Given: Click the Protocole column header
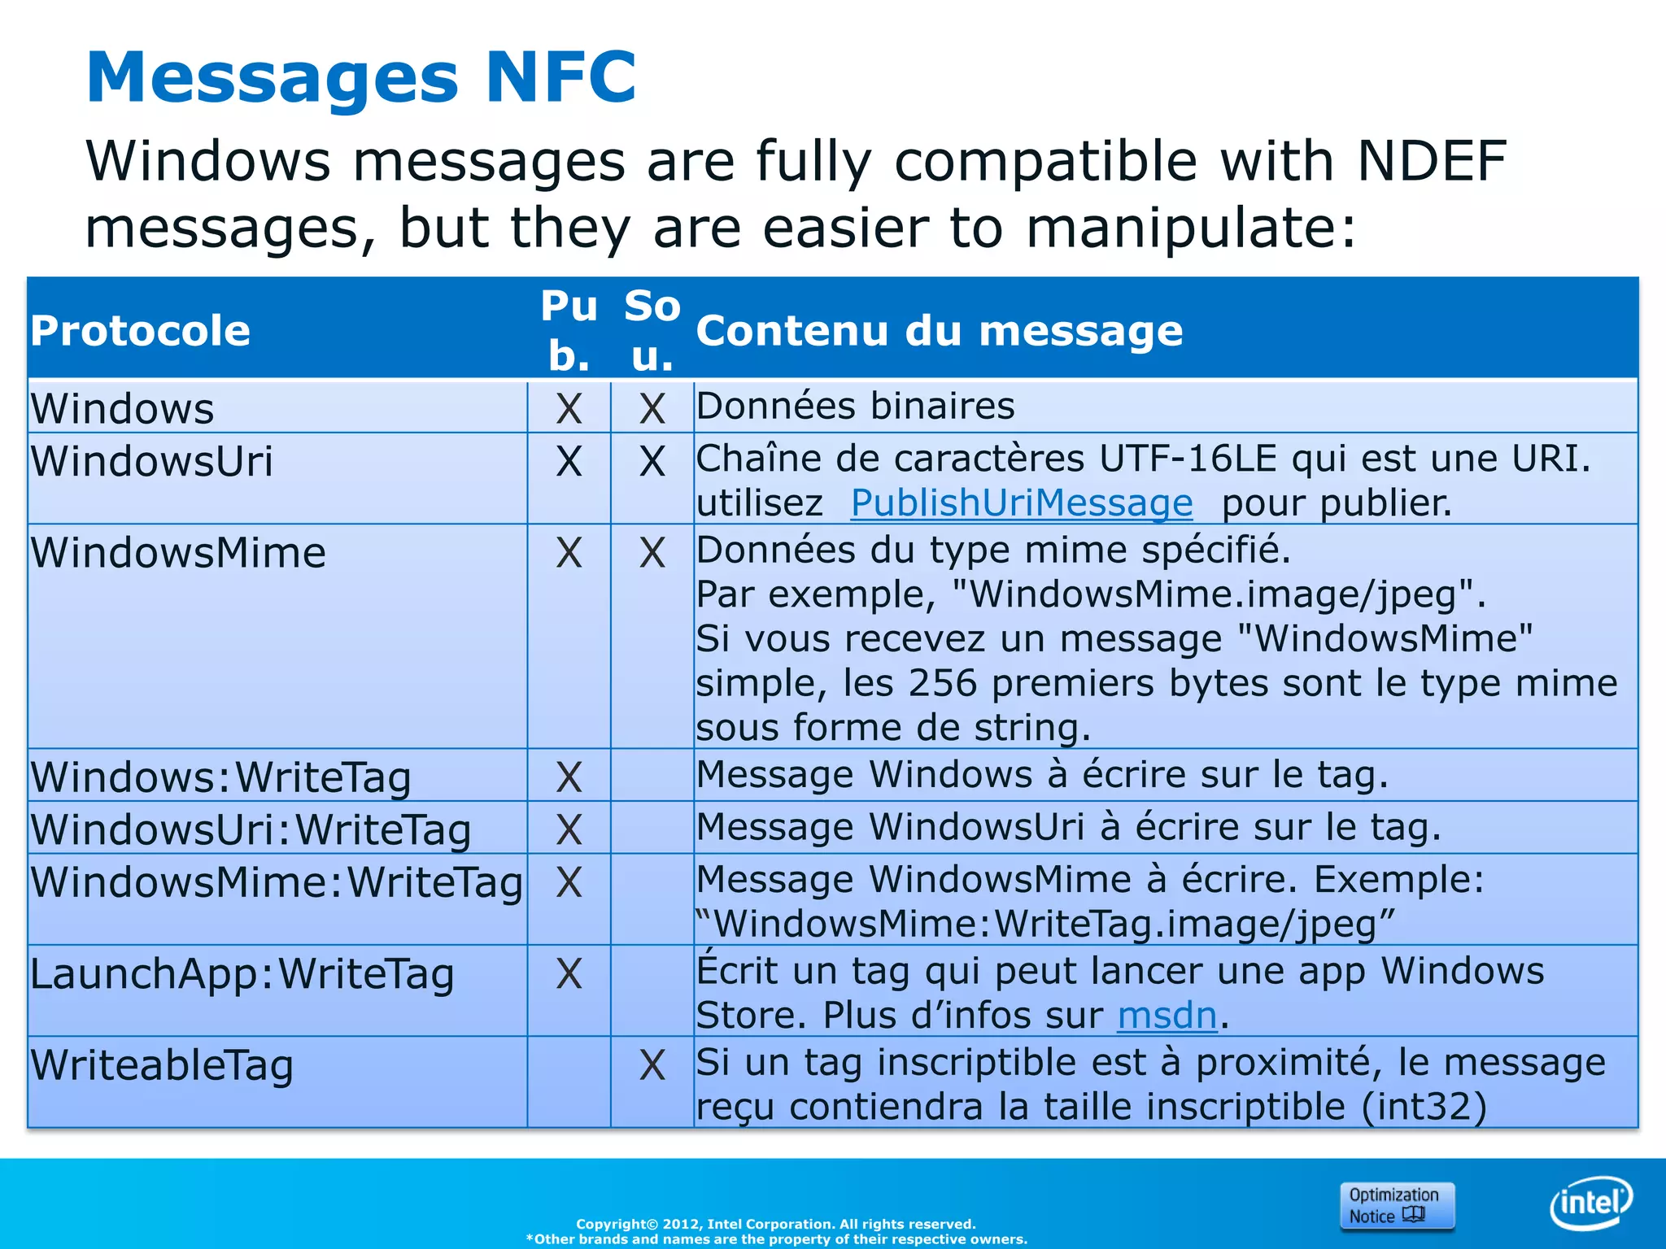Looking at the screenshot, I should (x=141, y=331).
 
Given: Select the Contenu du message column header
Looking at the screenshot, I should (x=940, y=331).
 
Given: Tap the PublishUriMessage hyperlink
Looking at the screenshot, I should (x=1022, y=503).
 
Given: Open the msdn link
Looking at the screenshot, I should (x=1167, y=1016).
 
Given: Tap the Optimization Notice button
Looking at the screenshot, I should (x=1396, y=1205).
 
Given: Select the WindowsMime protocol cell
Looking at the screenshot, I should (x=179, y=553).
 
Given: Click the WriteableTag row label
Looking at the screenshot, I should (x=163, y=1065).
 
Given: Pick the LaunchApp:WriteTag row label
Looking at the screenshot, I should (x=242, y=974).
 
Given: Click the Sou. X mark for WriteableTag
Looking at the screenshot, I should (x=652, y=1065).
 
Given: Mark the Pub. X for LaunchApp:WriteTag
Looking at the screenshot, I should (x=569, y=974).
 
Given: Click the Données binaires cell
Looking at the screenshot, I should (x=856, y=406).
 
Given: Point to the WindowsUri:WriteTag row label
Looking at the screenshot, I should (x=251, y=829).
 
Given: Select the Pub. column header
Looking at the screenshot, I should (x=569, y=331).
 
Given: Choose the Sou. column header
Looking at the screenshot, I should (x=652, y=331).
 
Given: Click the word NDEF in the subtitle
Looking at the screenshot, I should (x=1432, y=161).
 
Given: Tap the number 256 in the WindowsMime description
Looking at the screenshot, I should (x=943, y=683).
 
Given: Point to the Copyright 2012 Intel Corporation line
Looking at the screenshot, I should (x=776, y=1224).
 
